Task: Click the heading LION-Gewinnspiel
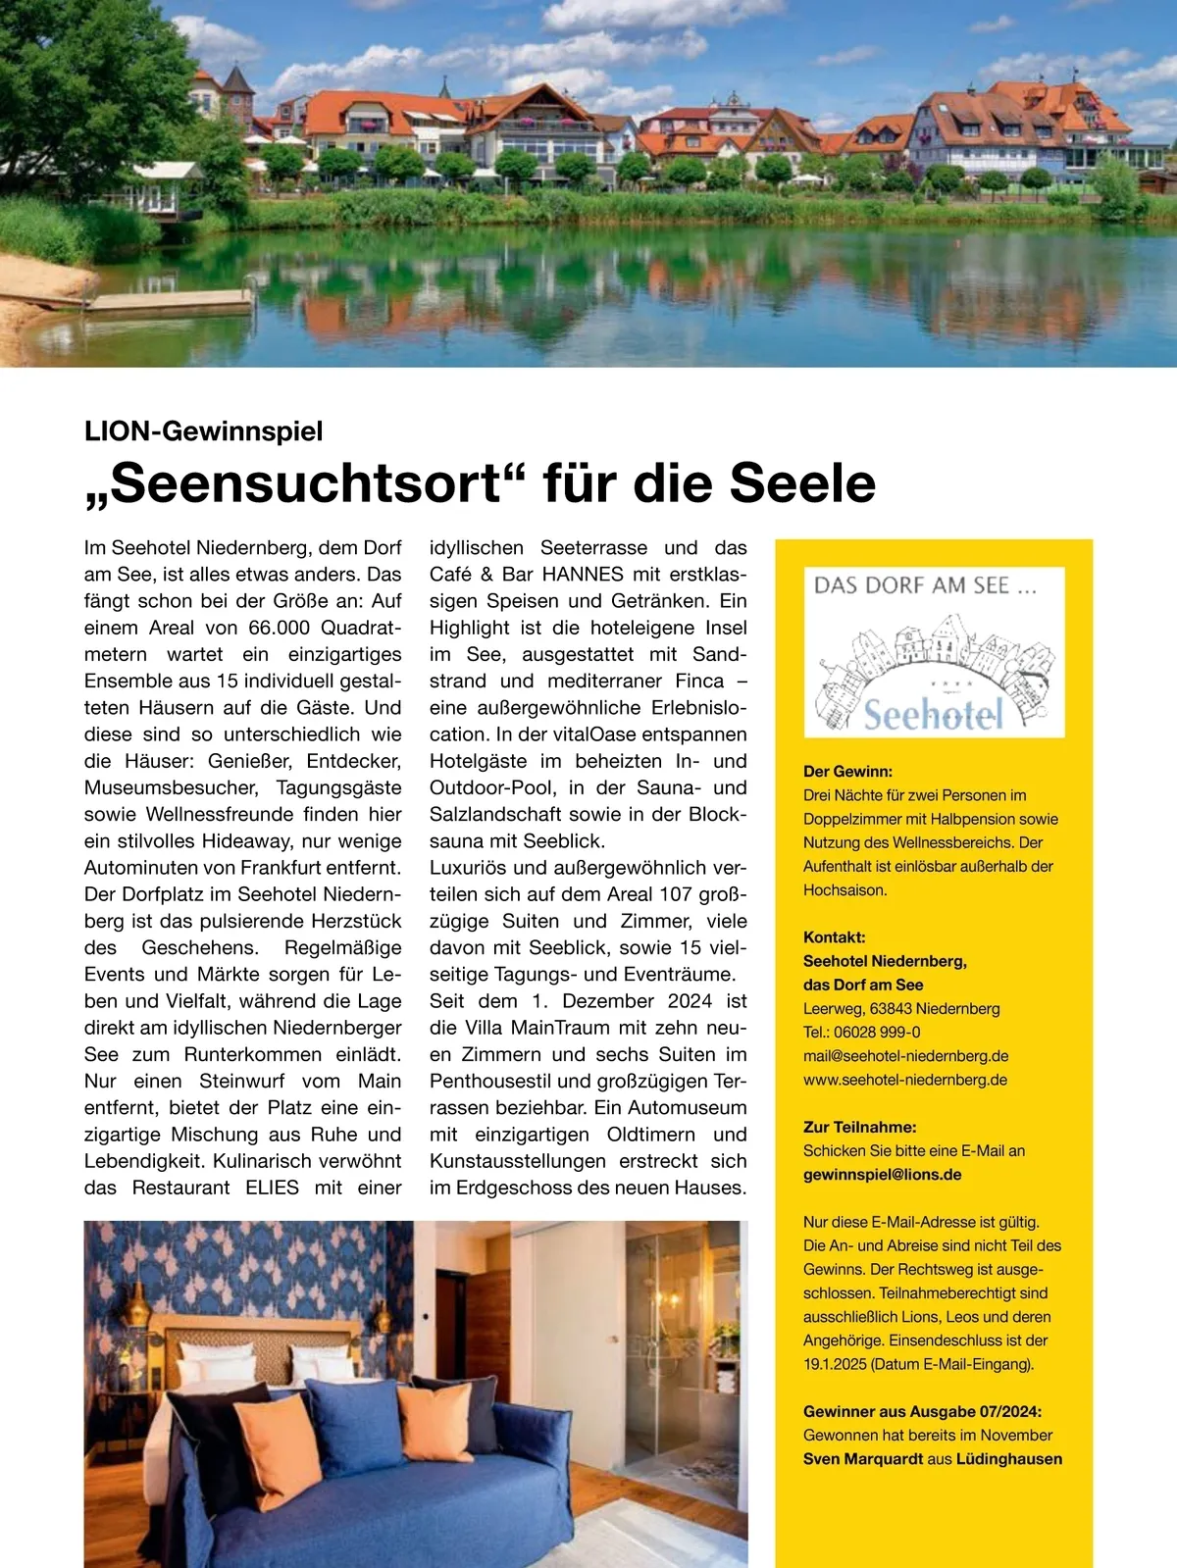pos(203,431)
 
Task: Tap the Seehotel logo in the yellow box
pos(934,652)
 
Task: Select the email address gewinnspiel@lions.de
pos(882,1175)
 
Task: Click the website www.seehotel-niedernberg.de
pos(904,1080)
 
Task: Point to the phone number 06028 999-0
pos(877,1033)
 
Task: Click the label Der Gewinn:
pos(847,772)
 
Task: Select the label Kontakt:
pos(834,937)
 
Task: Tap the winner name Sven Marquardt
pos(863,1459)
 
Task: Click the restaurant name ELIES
pos(272,1188)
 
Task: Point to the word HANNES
pos(582,575)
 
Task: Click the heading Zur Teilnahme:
pos(859,1128)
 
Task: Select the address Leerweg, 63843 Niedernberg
pos(901,1009)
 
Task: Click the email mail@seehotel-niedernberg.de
pos(905,1056)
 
